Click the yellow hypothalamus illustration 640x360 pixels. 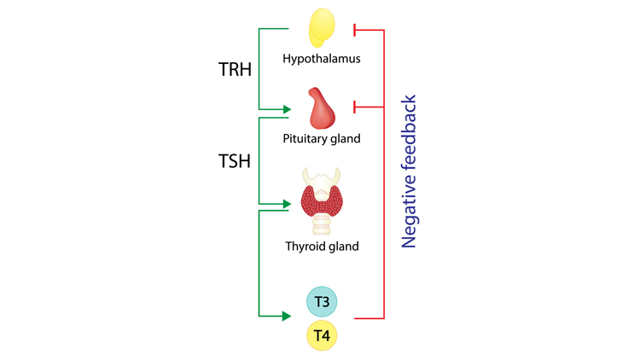coord(322,27)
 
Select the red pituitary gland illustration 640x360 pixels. coord(321,107)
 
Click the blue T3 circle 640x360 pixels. coord(322,301)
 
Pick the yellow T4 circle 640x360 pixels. coord(322,336)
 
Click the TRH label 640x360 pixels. coord(234,69)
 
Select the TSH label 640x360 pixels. coord(234,160)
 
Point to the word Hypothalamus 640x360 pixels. coord(322,59)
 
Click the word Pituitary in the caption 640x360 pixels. coord(305,137)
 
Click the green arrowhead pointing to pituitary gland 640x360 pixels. coord(289,109)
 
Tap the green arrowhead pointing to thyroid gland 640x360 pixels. coord(289,204)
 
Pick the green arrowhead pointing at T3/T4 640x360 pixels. coord(289,316)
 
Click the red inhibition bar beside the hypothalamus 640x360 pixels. coord(355,31)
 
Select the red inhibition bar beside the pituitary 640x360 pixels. coord(355,107)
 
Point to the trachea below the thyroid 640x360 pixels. coord(322,225)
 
